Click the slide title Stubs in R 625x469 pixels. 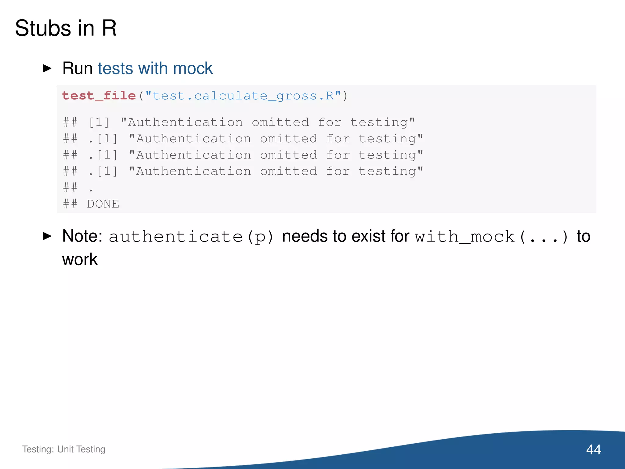click(66, 28)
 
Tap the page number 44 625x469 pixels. click(593, 449)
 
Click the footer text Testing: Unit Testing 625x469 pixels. click(63, 449)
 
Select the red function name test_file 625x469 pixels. click(99, 96)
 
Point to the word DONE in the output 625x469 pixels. click(103, 204)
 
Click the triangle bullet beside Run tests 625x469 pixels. click(47, 68)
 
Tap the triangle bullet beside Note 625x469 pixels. click(47, 236)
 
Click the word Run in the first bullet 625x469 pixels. click(77, 68)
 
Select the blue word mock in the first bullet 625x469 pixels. click(193, 68)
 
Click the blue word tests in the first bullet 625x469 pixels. click(115, 68)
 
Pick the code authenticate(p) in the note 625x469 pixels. click(191, 237)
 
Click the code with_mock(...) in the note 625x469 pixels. click(492, 237)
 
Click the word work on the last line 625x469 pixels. click(80, 260)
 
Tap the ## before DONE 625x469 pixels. click(70, 204)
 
